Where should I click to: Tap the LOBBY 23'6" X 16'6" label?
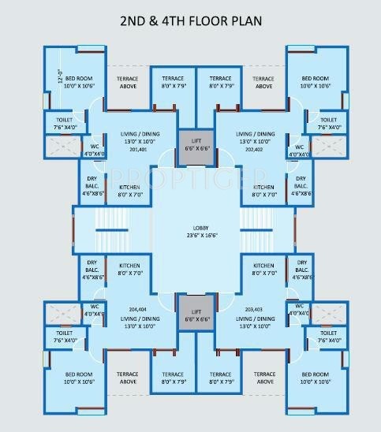(x=190, y=229)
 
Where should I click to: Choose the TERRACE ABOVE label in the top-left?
(x=128, y=82)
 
